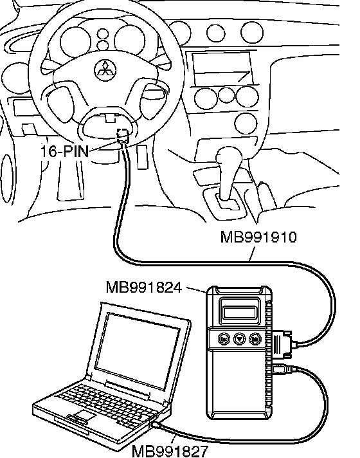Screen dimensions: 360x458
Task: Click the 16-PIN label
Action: click(64, 151)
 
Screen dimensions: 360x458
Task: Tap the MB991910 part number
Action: click(258, 237)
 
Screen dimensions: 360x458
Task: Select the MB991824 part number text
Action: click(144, 288)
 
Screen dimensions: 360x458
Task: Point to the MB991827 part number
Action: click(170, 452)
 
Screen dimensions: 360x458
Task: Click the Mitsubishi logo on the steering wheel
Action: click(105, 70)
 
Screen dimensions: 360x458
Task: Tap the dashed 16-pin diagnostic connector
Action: click(123, 136)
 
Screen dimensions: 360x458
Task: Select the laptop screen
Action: click(138, 351)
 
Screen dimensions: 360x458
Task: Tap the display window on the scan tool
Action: click(239, 312)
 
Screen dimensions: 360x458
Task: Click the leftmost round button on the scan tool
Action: click(224, 339)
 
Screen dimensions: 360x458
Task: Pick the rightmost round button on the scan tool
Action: click(255, 339)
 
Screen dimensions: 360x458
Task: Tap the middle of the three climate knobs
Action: click(226, 95)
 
